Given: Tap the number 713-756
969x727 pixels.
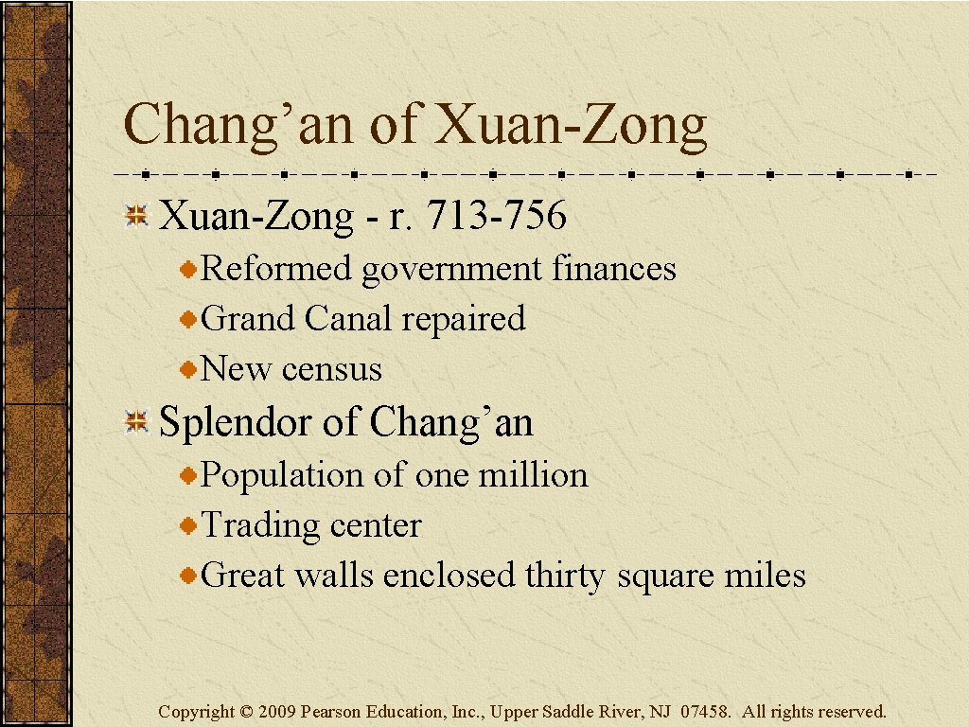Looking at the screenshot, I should [497, 217].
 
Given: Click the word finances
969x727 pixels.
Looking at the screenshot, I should [614, 269].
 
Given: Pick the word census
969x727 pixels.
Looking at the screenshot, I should [332, 369].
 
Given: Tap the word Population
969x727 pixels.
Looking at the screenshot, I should [284, 475].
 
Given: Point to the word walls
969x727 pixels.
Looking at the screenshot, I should [334, 576].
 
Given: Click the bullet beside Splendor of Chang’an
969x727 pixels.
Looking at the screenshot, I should [137, 422].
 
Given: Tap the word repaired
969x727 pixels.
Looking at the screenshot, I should [463, 320].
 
